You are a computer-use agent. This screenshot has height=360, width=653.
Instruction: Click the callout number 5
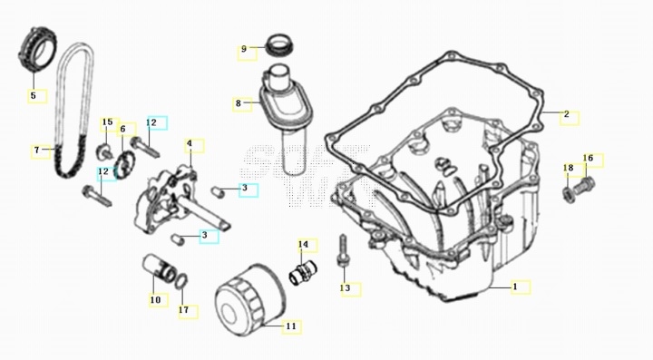click(34, 95)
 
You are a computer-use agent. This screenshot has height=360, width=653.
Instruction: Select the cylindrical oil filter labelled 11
click(250, 295)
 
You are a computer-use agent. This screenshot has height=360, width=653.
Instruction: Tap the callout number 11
click(291, 326)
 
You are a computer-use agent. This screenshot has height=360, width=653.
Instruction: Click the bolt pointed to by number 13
click(342, 252)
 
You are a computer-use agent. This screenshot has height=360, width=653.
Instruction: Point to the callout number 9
click(244, 49)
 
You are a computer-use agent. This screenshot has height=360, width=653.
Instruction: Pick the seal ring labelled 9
click(280, 45)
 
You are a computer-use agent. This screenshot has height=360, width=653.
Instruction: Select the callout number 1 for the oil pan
click(515, 287)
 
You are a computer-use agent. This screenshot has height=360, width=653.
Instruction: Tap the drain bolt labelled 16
click(584, 186)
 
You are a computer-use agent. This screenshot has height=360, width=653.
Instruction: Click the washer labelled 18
click(568, 194)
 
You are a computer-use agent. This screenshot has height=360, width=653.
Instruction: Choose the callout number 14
click(303, 244)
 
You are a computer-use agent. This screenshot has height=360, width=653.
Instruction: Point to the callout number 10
click(155, 299)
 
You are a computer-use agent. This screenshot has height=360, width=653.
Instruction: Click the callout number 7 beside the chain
click(36, 150)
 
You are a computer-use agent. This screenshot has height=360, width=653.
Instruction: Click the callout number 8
click(239, 102)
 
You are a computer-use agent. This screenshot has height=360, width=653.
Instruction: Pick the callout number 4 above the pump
click(190, 143)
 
